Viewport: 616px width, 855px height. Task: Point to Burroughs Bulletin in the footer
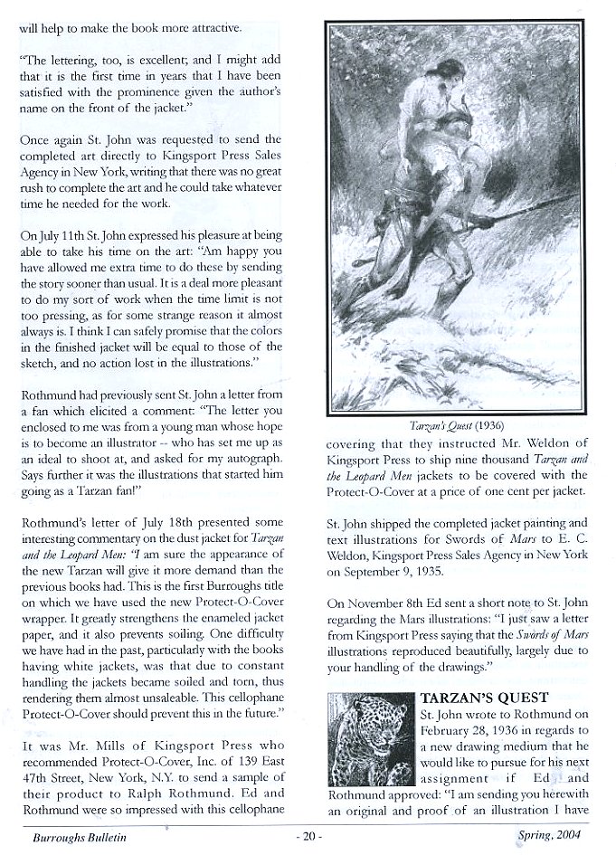click(x=71, y=838)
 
